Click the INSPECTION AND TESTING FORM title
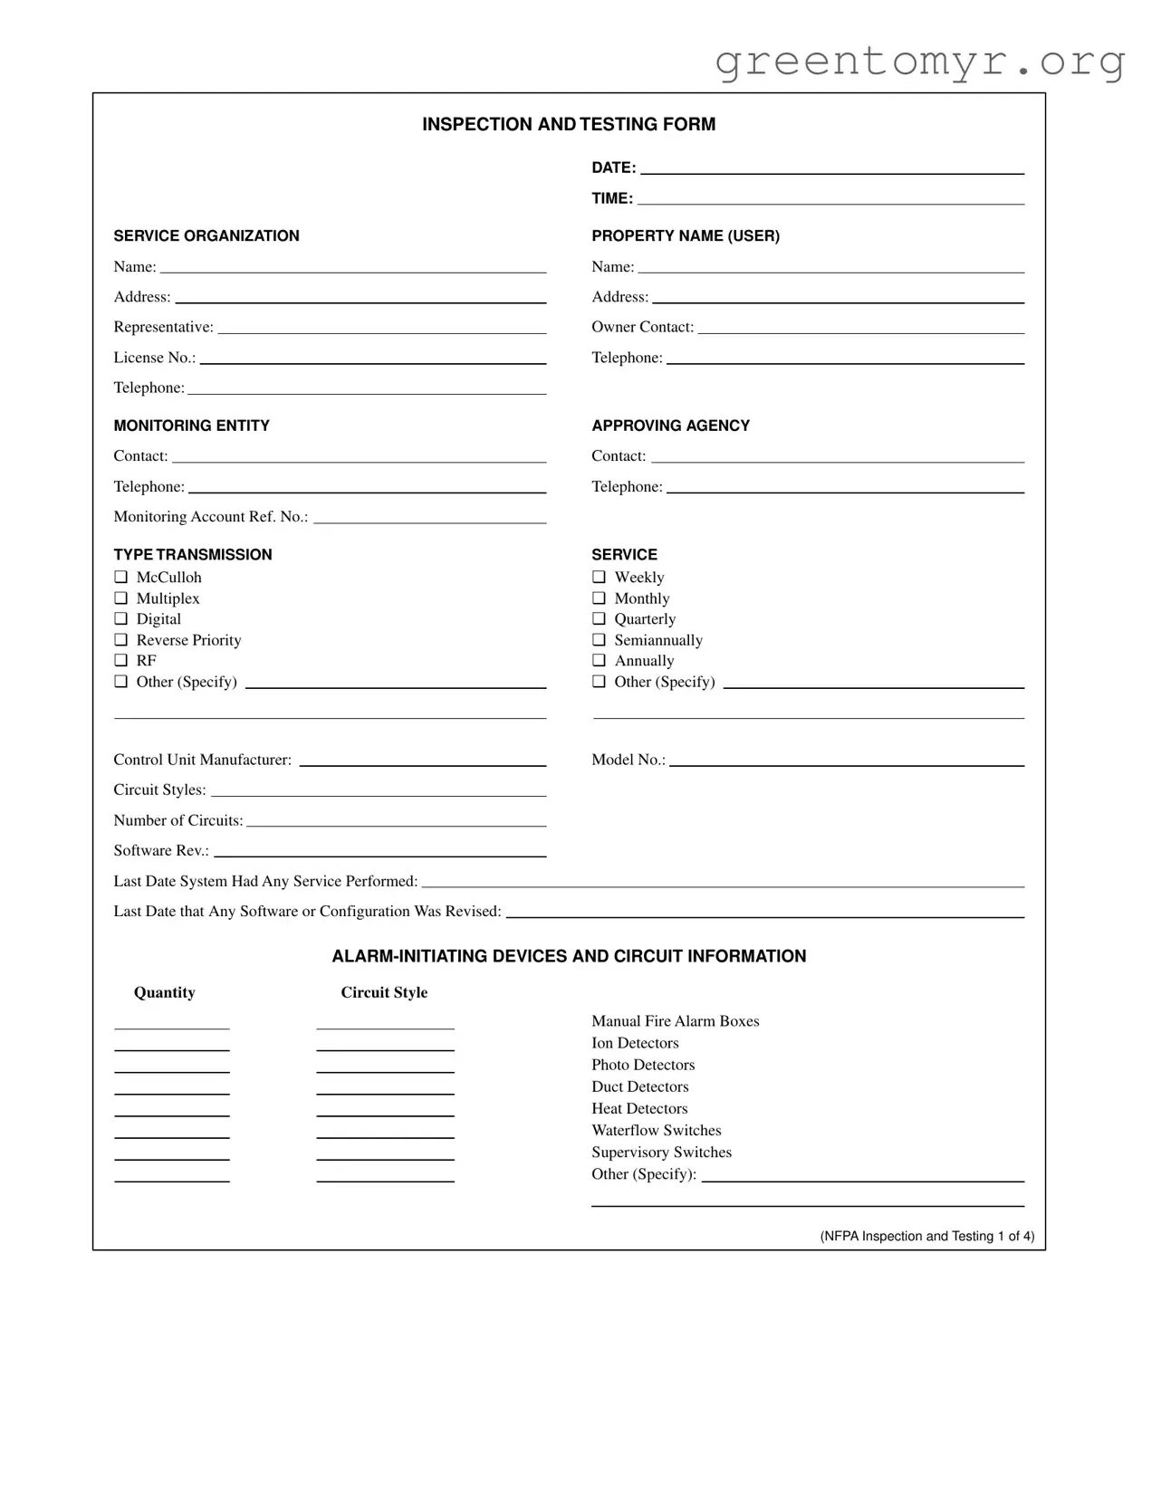(569, 124)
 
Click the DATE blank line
(831, 168)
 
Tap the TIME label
(612, 198)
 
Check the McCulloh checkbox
(120, 577)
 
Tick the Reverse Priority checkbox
(120, 639)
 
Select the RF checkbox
(120, 660)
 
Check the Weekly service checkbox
(599, 577)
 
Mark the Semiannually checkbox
(599, 639)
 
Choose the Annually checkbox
(599, 660)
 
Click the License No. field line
(372, 359)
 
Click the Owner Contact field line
(860, 329)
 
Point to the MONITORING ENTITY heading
(191, 426)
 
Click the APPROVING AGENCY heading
(670, 426)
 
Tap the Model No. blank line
(846, 761)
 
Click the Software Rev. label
(160, 850)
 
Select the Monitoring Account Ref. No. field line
(429, 518)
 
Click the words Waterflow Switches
(656, 1130)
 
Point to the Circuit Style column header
(384, 992)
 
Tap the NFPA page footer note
(926, 1236)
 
